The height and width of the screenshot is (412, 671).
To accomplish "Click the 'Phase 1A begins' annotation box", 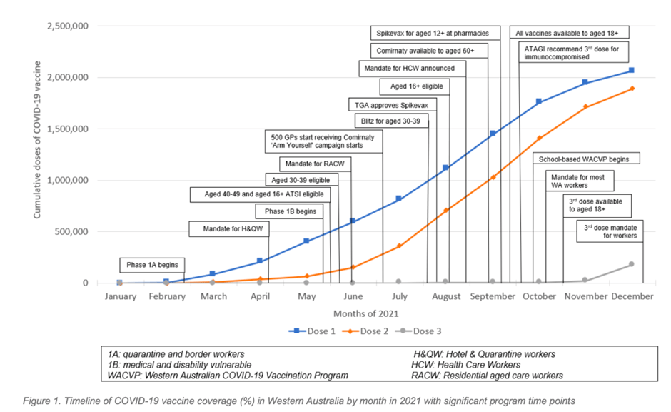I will click(x=152, y=265).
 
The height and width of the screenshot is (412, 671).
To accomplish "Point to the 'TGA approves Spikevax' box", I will click(x=392, y=104).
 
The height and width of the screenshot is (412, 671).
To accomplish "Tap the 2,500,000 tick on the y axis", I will click(x=66, y=26).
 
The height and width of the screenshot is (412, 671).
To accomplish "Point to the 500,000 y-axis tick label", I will click(x=71, y=231).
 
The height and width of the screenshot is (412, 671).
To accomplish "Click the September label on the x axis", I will click(x=493, y=296).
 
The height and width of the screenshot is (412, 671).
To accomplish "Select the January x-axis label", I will click(x=120, y=296).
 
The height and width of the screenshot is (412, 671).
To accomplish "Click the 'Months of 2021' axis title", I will click(x=365, y=313).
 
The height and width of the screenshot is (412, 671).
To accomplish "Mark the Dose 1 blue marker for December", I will click(x=632, y=70).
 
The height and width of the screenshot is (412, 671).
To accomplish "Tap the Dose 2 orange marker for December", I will click(x=632, y=89).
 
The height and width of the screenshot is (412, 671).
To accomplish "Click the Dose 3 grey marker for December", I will click(x=632, y=264).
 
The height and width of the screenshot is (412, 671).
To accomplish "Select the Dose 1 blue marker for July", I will click(x=399, y=199).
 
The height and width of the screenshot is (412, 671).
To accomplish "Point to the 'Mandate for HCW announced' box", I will click(x=413, y=69).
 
